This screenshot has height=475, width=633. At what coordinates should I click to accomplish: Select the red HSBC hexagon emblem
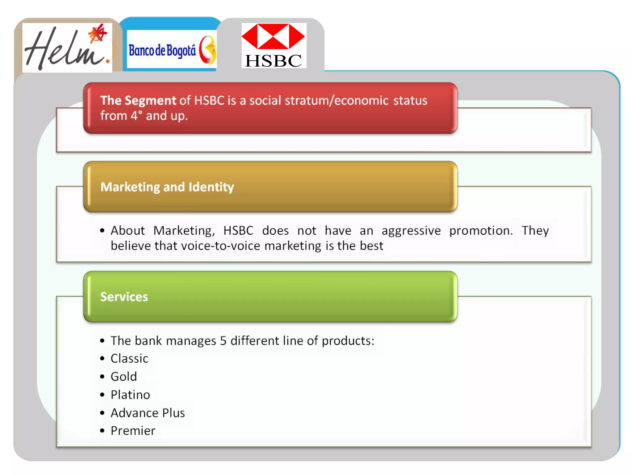pos(273,36)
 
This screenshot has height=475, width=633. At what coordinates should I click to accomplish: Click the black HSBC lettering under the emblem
pos(273,61)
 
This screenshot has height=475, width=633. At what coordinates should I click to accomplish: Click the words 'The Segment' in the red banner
pos(138,101)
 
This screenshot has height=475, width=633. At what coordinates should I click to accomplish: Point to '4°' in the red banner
pos(136,116)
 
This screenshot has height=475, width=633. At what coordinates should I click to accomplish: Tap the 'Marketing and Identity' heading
pos(167,187)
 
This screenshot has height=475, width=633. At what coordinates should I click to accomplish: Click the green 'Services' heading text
pos(124,297)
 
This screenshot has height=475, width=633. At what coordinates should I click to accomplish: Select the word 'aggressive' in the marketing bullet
pos(411,231)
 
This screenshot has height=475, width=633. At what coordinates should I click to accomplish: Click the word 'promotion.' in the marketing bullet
pos(481,231)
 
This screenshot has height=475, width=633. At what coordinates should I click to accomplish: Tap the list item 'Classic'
pos(130,359)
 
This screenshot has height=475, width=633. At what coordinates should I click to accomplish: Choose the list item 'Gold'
pos(124,377)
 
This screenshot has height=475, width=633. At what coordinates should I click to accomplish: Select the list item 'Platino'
pos(130,395)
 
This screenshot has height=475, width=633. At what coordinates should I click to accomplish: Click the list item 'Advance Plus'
pos(148,413)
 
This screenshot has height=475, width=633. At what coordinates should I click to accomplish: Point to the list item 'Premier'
pos(133,431)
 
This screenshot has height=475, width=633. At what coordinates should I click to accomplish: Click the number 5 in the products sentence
pos(223,341)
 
